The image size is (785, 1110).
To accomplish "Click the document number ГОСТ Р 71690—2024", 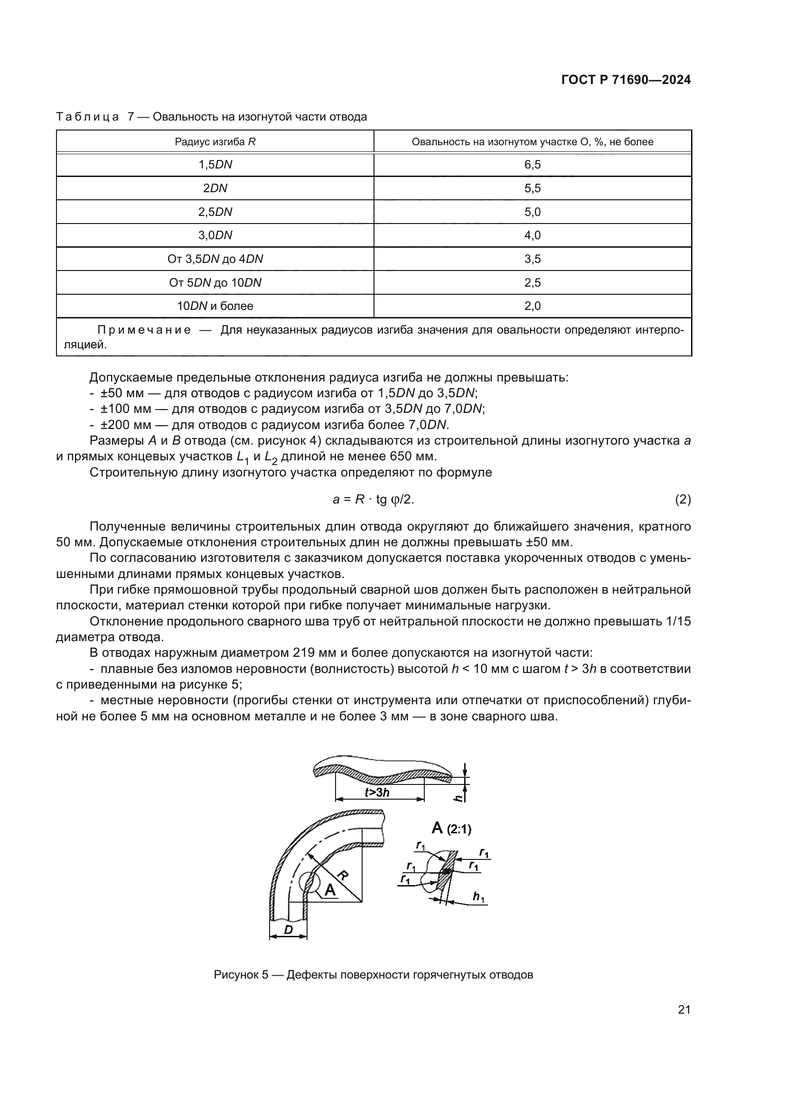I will pyautogui.click(x=626, y=80).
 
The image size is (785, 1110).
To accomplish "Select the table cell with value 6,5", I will pyautogui.click(x=532, y=165).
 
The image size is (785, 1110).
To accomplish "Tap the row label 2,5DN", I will pyautogui.click(x=215, y=212).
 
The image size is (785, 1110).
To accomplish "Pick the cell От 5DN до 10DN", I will pyautogui.click(x=215, y=282).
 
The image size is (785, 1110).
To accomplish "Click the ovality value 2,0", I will pyautogui.click(x=532, y=306).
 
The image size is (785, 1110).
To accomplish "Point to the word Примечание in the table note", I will pyautogui.click(x=144, y=330).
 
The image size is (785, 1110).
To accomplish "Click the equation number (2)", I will pyautogui.click(x=682, y=499).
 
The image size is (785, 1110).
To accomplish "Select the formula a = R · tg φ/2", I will pyautogui.click(x=373, y=499).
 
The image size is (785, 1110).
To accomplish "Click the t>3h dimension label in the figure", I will pyautogui.click(x=377, y=792).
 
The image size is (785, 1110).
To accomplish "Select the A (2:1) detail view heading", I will pyautogui.click(x=451, y=828).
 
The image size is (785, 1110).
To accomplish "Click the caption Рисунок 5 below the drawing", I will pyautogui.click(x=240, y=974).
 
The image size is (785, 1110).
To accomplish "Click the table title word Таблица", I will pyautogui.click(x=87, y=117).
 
